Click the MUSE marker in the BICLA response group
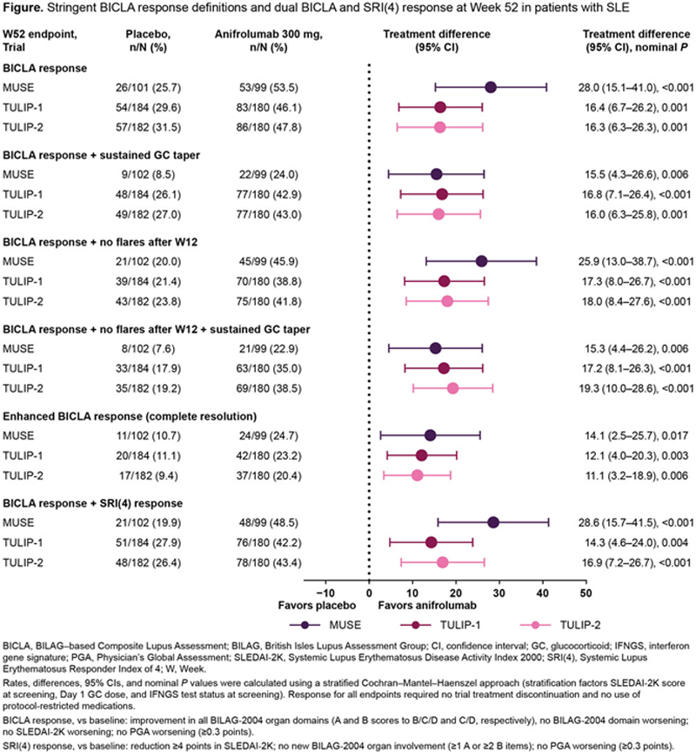(491, 87)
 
